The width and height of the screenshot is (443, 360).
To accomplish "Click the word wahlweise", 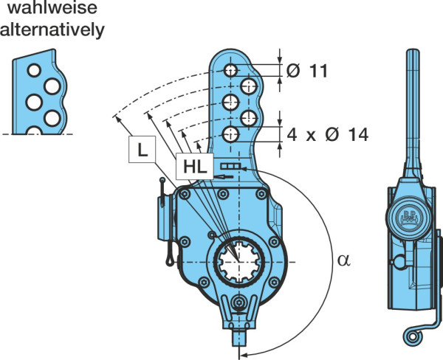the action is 52,7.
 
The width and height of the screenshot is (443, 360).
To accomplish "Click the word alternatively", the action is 52,30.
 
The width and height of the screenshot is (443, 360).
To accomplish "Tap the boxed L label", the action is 142,149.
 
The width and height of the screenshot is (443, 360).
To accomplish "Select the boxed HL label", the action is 195,167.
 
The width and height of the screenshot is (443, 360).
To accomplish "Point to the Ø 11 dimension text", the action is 307,71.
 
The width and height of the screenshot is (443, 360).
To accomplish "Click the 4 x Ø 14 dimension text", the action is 327,134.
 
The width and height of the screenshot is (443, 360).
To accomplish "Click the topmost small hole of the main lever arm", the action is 230,70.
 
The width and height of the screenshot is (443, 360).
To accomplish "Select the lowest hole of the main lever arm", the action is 230,134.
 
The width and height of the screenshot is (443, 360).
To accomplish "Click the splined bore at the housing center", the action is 239,262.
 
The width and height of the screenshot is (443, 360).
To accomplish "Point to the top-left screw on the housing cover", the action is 185,194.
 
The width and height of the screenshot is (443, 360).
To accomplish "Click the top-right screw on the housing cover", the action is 261,194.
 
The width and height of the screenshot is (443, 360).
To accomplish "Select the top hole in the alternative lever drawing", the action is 34,70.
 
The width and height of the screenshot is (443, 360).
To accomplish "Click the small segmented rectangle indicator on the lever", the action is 231,166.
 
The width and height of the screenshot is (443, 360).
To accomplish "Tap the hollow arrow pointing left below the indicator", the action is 224,177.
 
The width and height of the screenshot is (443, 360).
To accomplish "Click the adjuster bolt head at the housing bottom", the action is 239,303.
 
